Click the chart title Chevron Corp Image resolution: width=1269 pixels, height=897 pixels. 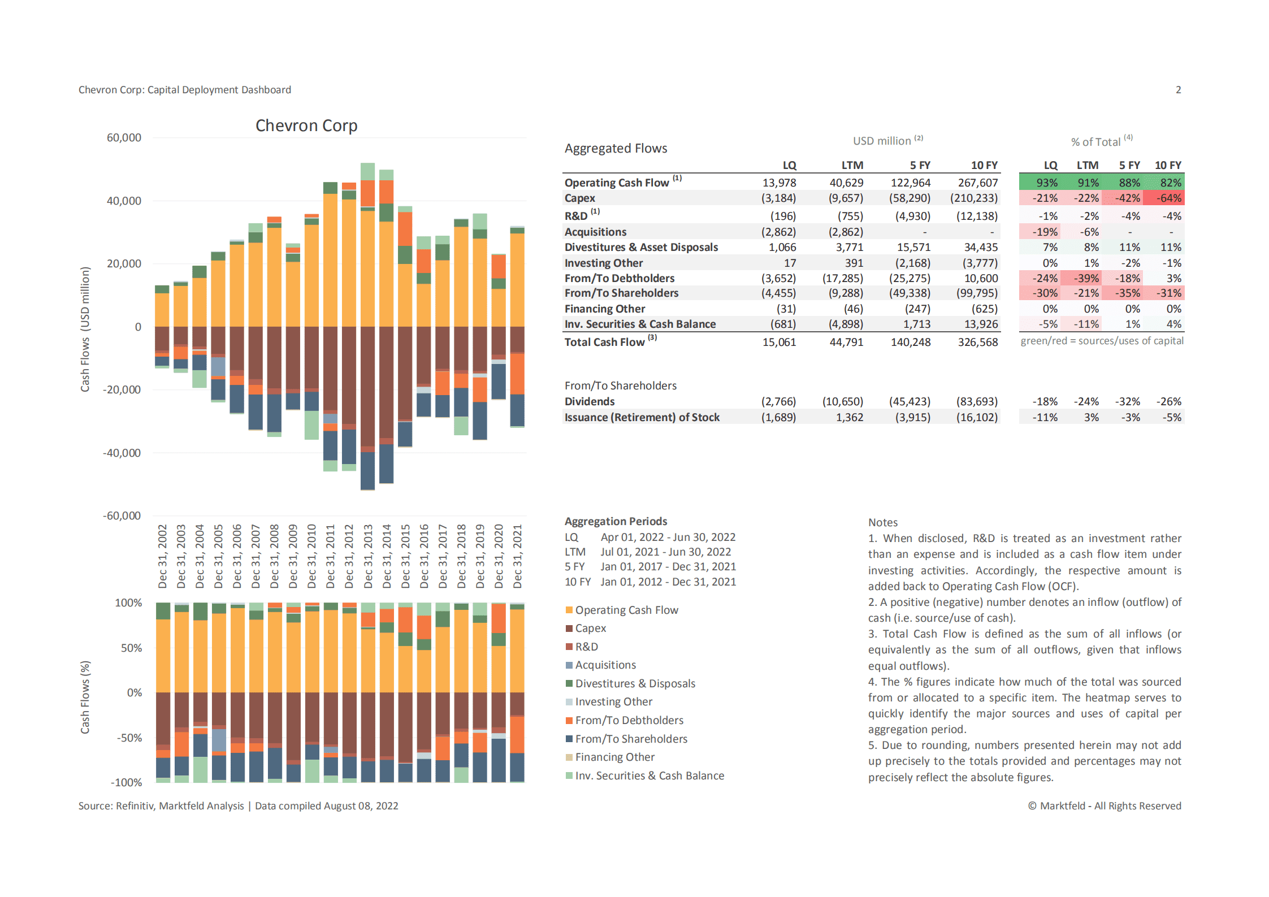[x=306, y=125]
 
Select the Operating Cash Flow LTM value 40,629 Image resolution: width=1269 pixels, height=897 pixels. [x=846, y=183]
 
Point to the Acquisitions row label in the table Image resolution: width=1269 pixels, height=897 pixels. [x=595, y=232]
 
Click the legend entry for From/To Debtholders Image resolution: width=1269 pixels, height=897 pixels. [x=629, y=720]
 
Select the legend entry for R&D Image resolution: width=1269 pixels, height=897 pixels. [x=586, y=647]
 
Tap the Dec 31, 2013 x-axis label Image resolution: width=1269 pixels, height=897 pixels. [x=368, y=556]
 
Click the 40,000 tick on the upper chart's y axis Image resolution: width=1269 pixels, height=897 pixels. [x=124, y=201]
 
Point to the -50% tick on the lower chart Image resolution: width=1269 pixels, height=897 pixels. [x=129, y=738]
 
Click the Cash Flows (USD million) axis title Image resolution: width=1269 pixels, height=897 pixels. [x=85, y=330]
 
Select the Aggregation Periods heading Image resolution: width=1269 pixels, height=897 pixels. [x=616, y=521]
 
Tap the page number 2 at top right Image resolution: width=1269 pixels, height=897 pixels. [x=1178, y=90]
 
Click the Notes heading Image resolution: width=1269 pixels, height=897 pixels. [x=882, y=522]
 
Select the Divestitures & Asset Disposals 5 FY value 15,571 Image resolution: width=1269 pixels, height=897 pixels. [x=910, y=247]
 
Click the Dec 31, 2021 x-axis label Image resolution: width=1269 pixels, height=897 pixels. [x=517, y=556]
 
